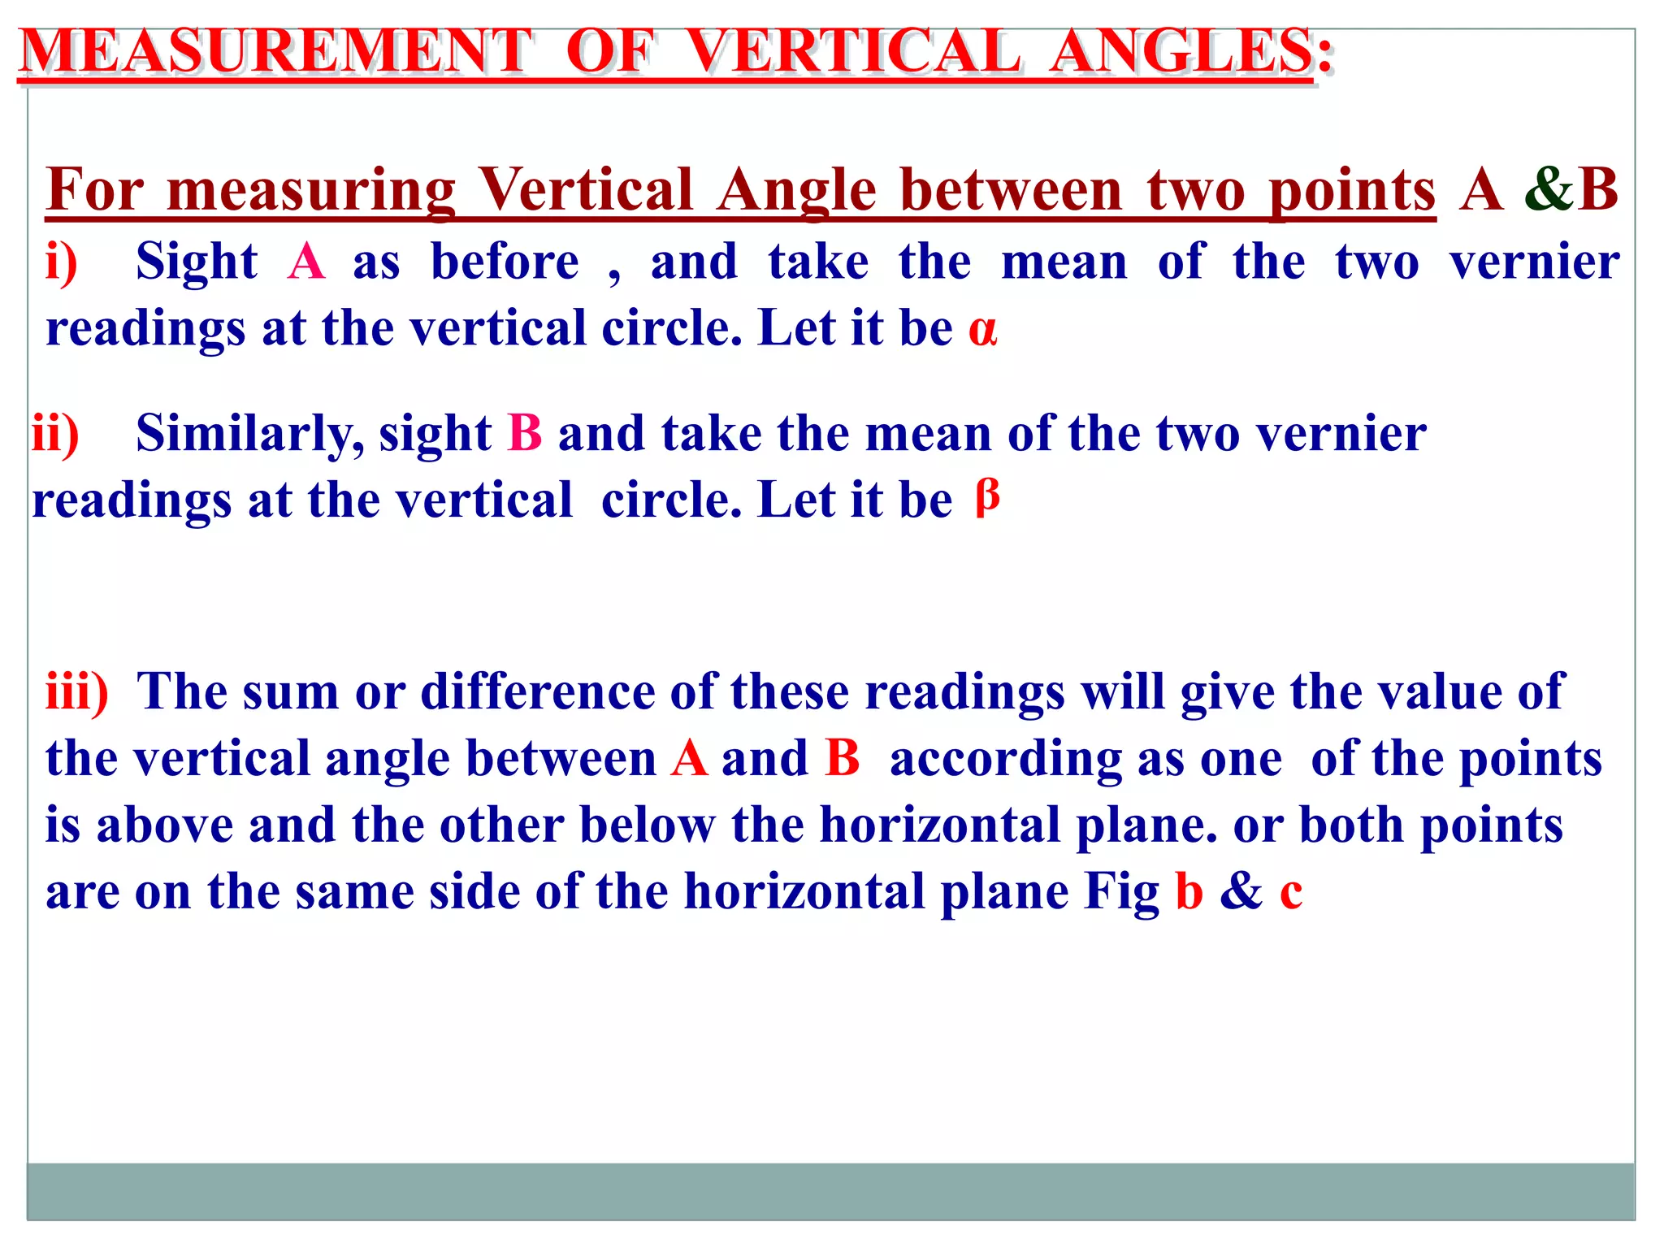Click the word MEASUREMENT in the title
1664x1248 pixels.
(x=276, y=52)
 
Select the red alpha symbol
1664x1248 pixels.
(x=982, y=330)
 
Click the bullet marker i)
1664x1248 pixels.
(x=62, y=263)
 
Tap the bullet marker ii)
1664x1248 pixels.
(x=55, y=434)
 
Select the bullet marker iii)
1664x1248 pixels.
(x=76, y=692)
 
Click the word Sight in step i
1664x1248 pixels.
(x=197, y=263)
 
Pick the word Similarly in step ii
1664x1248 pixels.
(x=250, y=434)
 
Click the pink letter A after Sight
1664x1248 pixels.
(x=306, y=263)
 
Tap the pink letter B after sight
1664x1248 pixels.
(x=525, y=434)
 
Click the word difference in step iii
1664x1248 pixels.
(x=537, y=692)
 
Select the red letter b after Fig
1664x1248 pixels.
(x=1189, y=892)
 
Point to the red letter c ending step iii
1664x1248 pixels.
(x=1291, y=892)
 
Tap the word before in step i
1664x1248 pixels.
(x=505, y=263)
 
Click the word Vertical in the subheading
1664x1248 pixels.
(x=585, y=190)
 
